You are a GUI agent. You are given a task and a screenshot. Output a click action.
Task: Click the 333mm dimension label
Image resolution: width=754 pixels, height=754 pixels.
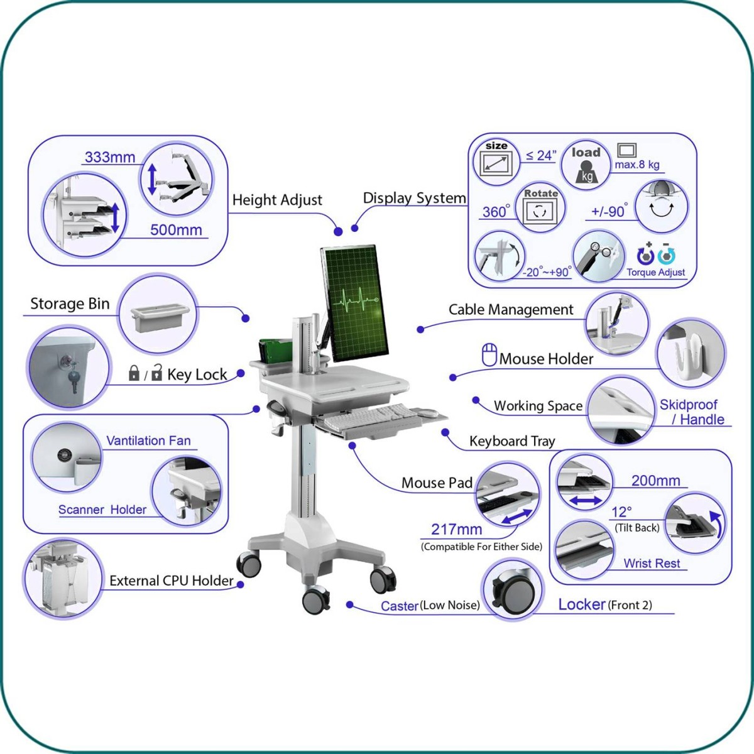110,157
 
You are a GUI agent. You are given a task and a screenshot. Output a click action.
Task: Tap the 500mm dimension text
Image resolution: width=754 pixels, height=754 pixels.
176,230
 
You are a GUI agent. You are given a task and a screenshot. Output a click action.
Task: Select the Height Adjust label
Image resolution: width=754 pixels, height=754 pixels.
277,200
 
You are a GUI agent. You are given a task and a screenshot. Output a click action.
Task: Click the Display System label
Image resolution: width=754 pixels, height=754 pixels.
414,198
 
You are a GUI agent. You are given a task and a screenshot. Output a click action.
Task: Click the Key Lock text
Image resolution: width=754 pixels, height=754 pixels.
197,374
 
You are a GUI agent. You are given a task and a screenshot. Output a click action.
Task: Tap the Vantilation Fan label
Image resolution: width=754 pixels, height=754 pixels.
148,440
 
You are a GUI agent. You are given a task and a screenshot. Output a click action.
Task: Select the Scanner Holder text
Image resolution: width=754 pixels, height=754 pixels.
102,510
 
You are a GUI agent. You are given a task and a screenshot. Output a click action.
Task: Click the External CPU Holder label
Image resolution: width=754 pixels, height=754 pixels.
172,581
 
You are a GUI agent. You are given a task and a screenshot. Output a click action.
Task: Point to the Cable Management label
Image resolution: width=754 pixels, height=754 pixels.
511,309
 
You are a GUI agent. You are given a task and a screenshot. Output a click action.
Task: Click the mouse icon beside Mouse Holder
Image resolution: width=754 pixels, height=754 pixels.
489,355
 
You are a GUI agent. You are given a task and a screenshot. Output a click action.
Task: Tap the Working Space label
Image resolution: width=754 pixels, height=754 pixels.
538,406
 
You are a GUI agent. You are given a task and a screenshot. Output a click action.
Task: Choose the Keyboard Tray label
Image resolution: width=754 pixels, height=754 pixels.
512,441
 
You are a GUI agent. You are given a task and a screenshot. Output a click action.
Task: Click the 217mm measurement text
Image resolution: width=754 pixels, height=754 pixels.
457,529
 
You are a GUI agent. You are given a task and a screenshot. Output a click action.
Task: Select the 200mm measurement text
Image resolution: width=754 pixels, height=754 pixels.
655,481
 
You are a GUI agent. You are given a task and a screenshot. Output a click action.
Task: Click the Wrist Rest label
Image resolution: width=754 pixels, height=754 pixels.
652,563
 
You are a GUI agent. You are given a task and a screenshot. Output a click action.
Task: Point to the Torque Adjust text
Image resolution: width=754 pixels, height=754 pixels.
655,272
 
